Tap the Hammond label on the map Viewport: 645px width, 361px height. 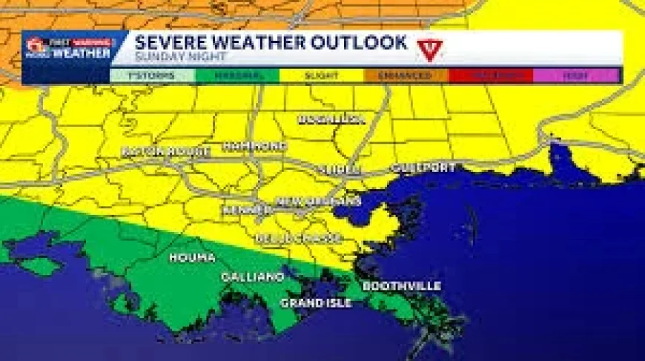click(254, 146)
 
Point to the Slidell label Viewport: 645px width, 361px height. click(339, 170)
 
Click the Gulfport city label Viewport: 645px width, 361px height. click(423, 168)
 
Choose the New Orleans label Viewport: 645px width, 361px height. click(318, 202)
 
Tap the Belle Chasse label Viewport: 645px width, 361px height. click(298, 239)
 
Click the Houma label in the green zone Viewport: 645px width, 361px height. click(192, 258)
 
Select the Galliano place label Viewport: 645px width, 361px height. click(252, 277)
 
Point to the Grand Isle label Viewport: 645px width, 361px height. click(316, 302)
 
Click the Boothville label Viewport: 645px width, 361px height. click(402, 286)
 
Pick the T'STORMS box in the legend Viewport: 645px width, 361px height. click(153, 76)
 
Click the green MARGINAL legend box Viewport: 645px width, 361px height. click(237, 76)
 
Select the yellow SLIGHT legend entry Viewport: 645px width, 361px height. click(321, 76)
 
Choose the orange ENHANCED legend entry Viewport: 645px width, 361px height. click(406, 76)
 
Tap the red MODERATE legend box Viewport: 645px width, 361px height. click(490, 76)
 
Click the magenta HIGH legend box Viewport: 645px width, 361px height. click(575, 76)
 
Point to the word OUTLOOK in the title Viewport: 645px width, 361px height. click(358, 42)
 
